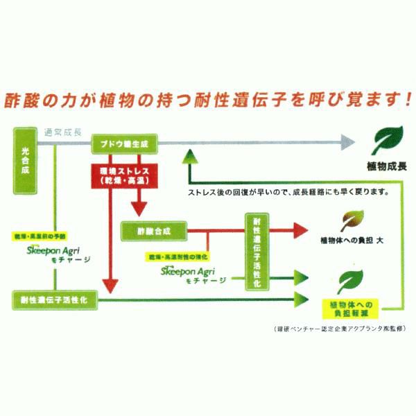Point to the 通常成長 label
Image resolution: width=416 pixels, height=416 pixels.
tap(62, 132)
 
